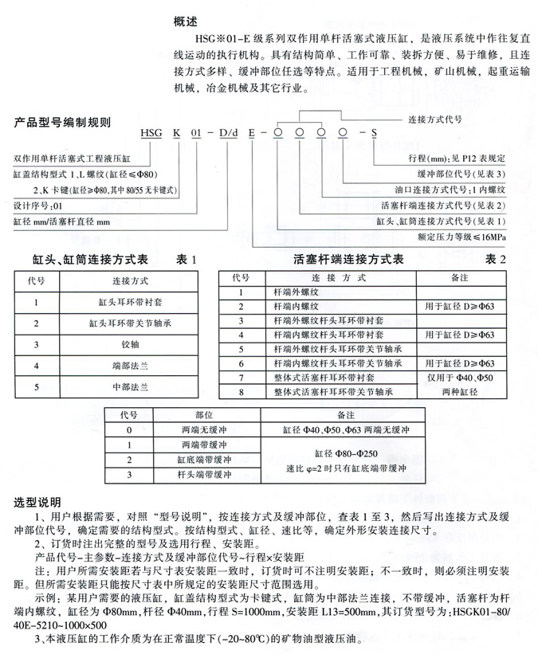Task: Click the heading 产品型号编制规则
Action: point(63,123)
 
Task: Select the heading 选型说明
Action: point(37,503)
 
